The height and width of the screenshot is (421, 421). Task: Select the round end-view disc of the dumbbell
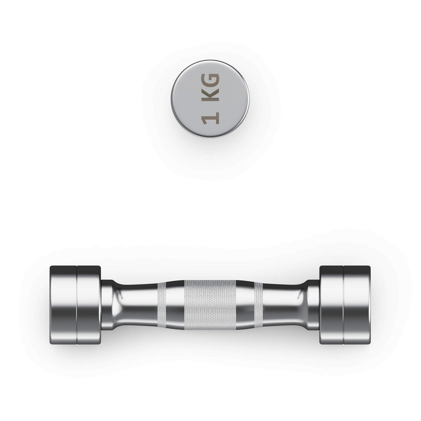[x=210, y=99]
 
